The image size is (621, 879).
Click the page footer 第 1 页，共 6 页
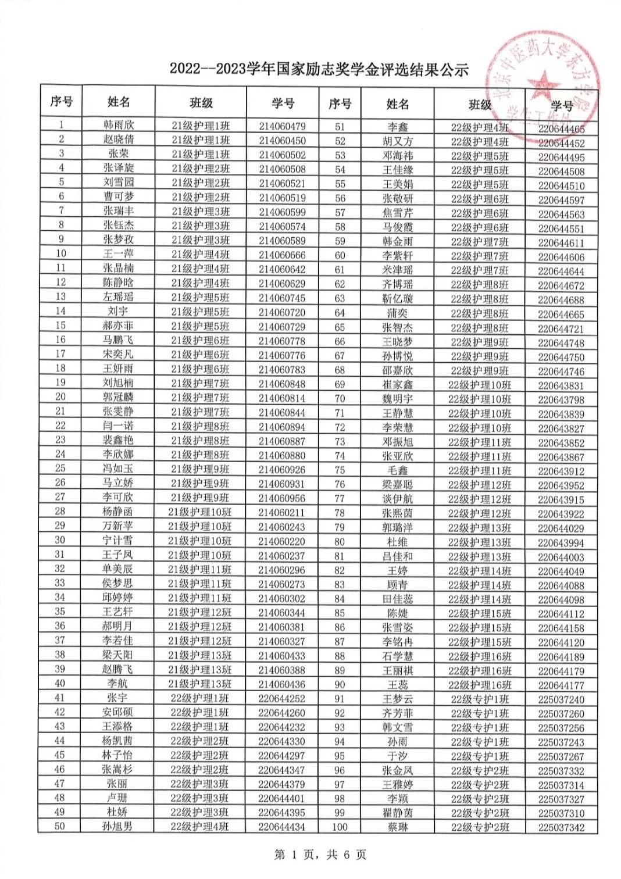click(x=320, y=854)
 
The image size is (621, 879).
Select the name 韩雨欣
click(x=118, y=125)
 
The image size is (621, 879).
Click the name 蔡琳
click(x=398, y=827)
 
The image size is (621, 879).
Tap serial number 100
click(x=340, y=827)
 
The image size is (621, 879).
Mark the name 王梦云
click(x=398, y=699)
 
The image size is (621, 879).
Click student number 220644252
click(x=281, y=698)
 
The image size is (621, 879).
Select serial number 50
click(x=60, y=826)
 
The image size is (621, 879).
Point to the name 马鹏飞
click(x=118, y=340)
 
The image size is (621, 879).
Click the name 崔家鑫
click(x=398, y=385)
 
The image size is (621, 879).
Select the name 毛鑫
click(x=398, y=470)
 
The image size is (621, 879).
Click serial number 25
click(x=60, y=468)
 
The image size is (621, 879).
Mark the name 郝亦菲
click(x=118, y=326)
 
